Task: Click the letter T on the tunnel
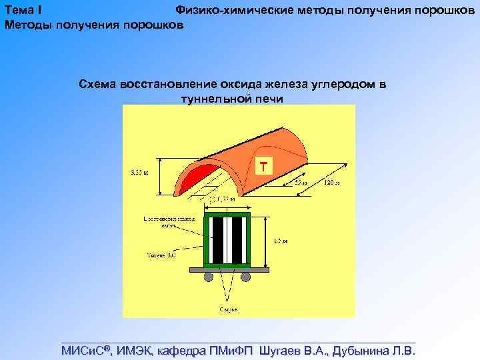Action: (265, 165)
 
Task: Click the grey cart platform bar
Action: (227, 269)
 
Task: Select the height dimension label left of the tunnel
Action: (137, 171)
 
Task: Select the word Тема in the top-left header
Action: (20, 11)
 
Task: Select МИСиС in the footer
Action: (86, 351)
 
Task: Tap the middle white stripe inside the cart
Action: (227, 240)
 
